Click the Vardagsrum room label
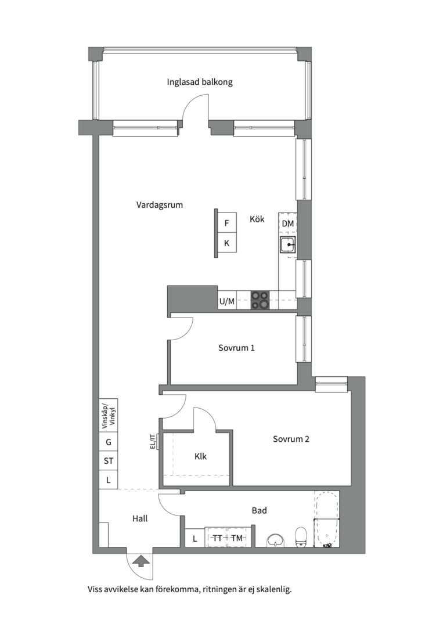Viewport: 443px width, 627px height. [159, 205]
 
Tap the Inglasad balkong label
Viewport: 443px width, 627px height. [200, 82]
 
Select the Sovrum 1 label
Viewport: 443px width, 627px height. [236, 348]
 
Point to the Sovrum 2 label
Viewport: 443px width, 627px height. [291, 439]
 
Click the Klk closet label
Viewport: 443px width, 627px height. [200, 456]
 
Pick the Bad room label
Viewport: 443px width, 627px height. [259, 511]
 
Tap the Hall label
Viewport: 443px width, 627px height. [140, 518]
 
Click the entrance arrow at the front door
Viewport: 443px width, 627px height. [141, 561]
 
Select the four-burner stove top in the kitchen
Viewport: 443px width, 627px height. [260, 300]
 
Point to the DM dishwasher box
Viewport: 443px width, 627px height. [287, 224]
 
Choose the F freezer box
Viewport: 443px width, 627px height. [226, 223]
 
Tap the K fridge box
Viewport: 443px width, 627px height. [226, 243]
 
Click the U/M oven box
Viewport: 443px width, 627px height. [226, 301]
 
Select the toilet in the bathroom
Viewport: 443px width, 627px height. [301, 536]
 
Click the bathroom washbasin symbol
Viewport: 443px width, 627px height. [276, 540]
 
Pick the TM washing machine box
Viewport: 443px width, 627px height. [236, 538]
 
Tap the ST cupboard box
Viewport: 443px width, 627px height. [109, 461]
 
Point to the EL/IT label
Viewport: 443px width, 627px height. [152, 442]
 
